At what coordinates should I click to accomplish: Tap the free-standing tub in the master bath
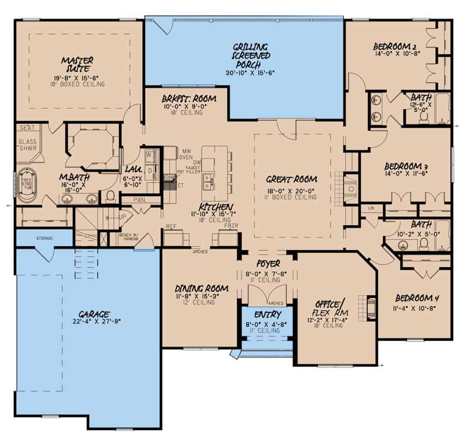tap(27, 185)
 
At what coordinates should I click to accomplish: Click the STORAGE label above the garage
tap(45, 238)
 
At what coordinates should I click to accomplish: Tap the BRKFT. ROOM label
tap(189, 100)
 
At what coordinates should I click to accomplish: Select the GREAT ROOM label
tap(292, 179)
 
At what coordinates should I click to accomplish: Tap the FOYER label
tap(268, 264)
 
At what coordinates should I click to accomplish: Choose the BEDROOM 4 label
tap(414, 298)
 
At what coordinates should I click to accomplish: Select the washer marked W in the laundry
tap(150, 156)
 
